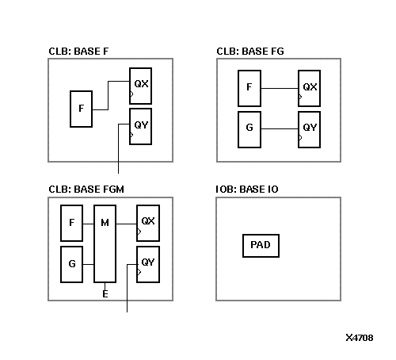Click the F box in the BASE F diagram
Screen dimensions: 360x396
pyautogui.click(x=81, y=109)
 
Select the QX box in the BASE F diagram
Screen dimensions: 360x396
pyautogui.click(x=141, y=84)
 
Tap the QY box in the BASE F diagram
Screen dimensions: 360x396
pyautogui.click(x=141, y=125)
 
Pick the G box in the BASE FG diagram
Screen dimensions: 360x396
pyautogui.click(x=249, y=129)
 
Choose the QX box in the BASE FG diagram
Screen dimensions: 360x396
pyautogui.click(x=310, y=88)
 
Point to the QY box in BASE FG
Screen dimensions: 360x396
pyautogui.click(x=310, y=129)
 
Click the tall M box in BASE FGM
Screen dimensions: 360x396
pyautogui.click(x=105, y=243)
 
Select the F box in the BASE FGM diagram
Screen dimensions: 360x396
pyautogui.click(x=72, y=224)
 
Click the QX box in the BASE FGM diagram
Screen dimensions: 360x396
pyautogui.click(x=148, y=222)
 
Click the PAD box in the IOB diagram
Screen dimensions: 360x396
pyautogui.click(x=261, y=245)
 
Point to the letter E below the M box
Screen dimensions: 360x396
pyautogui.click(x=105, y=294)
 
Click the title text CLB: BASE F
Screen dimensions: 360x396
pyautogui.click(x=79, y=52)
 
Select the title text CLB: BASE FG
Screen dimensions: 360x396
pyautogui.click(x=250, y=52)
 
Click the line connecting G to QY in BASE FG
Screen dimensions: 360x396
pyautogui.click(x=280, y=129)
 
